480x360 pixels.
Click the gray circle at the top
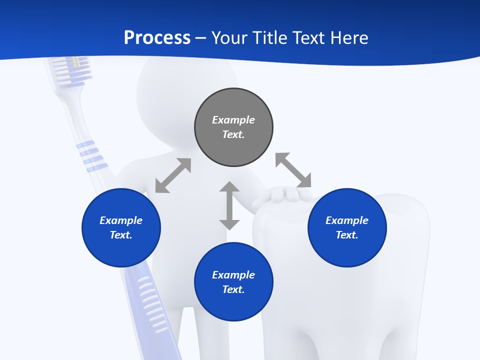click(233, 127)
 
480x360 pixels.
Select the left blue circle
click(121, 227)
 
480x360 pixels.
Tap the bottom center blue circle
click(233, 282)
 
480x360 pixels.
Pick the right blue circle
click(347, 227)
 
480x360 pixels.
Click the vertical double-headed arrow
click(229, 205)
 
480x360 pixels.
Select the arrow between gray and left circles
click(173, 175)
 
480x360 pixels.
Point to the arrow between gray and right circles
click(293, 170)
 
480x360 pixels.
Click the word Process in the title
click(157, 37)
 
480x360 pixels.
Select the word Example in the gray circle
click(233, 120)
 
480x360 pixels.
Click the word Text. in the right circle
click(347, 235)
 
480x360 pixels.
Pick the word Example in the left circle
click(121, 220)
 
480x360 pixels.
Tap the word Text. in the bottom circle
click(233, 289)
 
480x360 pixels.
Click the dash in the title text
click(201, 37)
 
